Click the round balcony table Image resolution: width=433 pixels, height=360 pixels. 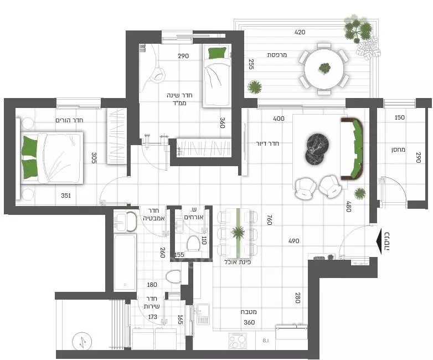click(324, 68)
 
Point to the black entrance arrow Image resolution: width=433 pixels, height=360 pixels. click(383, 240)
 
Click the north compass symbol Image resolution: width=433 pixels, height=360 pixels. click(81, 342)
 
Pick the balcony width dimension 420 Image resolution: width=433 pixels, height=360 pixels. click(300, 33)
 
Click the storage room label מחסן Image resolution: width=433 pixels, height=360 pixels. click(398, 149)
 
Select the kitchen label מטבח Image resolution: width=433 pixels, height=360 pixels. click(248, 312)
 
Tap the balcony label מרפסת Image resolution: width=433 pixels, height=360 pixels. click(276, 54)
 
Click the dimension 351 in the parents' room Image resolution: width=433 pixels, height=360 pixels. click(66, 195)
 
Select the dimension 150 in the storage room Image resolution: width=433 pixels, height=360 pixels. click(399, 118)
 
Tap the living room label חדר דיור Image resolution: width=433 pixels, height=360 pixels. click(267, 143)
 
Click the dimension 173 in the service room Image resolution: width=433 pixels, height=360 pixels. click(152, 317)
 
